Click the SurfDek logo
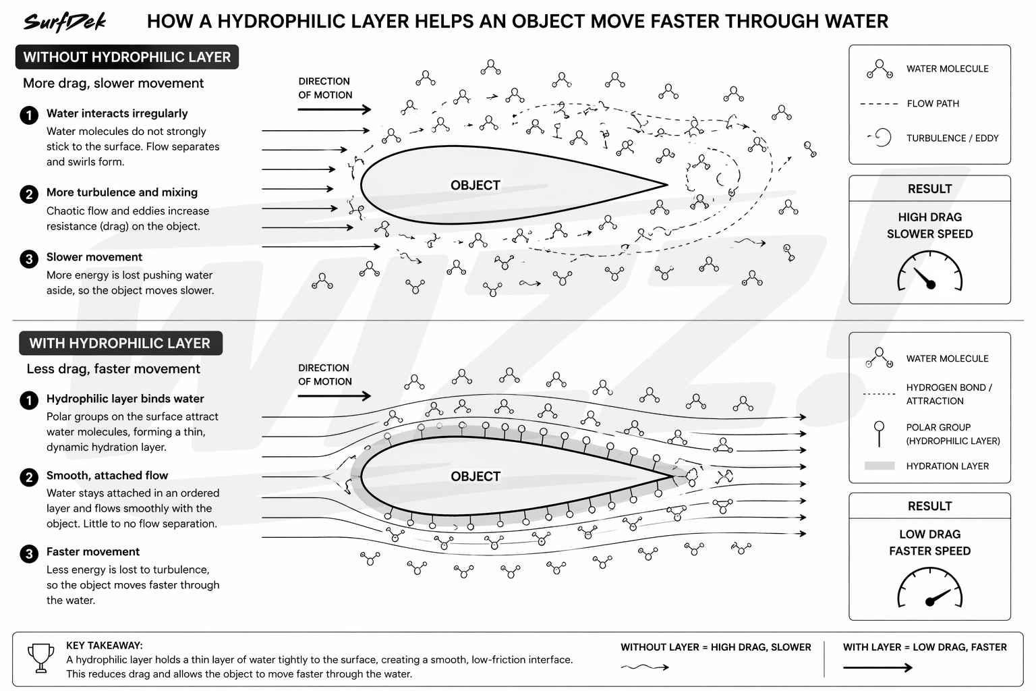pos(65,22)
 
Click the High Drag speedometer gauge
pos(929,271)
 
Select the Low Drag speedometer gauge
pos(929,587)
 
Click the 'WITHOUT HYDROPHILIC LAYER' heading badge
pos(127,57)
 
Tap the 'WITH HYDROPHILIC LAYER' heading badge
pos(120,343)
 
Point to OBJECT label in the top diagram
pos(476,186)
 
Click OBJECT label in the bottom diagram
pos(476,476)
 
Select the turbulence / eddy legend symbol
pos(881,138)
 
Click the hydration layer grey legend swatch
pos(880,466)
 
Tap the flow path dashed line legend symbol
pos(880,104)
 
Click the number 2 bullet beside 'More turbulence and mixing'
pos(29,194)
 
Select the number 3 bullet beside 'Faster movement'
pos(29,554)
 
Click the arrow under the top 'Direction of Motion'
pos(334,109)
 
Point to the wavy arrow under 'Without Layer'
pos(645,667)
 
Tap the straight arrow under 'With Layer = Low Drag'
pos(877,667)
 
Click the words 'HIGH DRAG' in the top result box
pos(929,217)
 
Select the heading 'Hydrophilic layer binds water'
pos(125,399)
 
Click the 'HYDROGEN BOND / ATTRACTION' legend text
pos(948,394)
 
